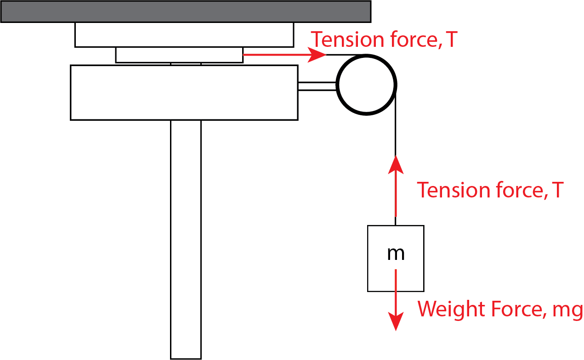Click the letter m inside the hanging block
[x=396, y=254]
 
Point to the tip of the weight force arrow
[x=396, y=331]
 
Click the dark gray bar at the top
[x=186, y=11]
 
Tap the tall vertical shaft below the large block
[x=186, y=240]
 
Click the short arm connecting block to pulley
[x=318, y=86]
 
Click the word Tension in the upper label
[x=347, y=39]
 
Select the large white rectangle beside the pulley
[x=184, y=92]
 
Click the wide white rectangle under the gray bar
[x=184, y=35]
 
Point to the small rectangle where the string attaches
[x=179, y=55]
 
